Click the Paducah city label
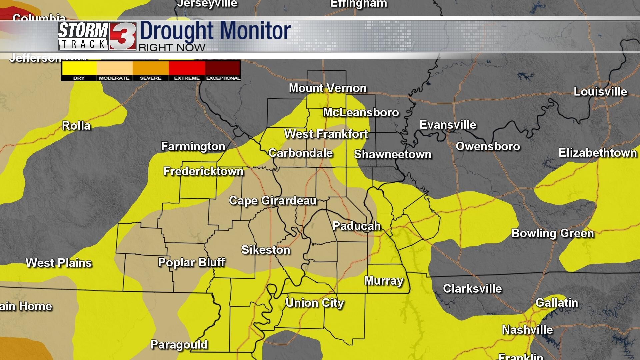(356, 226)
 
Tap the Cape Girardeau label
(273, 200)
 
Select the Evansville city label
(448, 125)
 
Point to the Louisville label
(600, 92)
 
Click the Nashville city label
(527, 330)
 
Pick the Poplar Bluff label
(191, 262)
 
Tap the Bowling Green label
(552, 233)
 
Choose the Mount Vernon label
(327, 88)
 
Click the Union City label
(314, 303)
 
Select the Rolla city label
(76, 126)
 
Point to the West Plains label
(59, 263)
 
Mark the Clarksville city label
(472, 288)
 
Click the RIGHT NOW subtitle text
(172, 48)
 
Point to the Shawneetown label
(392, 154)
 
